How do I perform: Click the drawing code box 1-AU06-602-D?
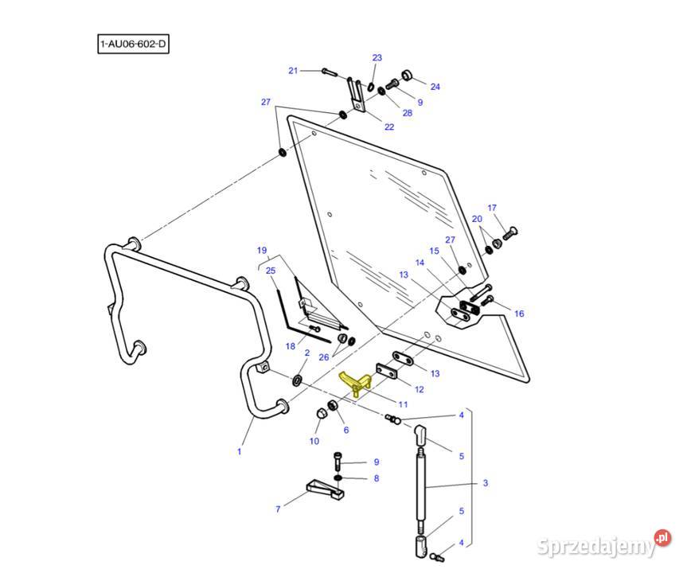pos(133,44)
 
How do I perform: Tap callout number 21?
pos(293,71)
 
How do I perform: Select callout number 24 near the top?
pos(435,86)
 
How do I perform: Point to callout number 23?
pos(377,57)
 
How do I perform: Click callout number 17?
pos(492,209)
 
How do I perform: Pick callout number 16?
pos(519,314)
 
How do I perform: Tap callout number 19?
pos(261,251)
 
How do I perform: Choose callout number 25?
pos(270,271)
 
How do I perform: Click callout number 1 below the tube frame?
pos(239,451)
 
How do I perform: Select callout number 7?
pos(278,508)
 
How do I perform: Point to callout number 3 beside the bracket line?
pos(486,483)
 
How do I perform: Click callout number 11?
pos(403,404)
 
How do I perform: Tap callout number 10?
pos(314,441)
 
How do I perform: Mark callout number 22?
pos(389,127)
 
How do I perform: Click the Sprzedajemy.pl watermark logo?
pos(603,546)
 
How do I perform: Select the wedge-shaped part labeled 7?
pos(326,488)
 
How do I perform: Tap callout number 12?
pos(419,389)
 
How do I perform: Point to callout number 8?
pos(377,478)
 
